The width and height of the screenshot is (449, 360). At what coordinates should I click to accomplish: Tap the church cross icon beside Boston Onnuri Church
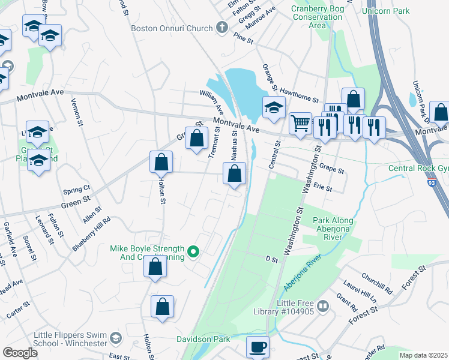pos(221,28)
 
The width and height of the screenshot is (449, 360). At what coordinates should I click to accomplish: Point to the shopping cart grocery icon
pos(300,124)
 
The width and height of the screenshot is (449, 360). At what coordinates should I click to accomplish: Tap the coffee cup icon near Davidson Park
pos(258,347)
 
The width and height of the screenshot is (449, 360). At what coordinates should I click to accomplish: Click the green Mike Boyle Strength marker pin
pos(193,253)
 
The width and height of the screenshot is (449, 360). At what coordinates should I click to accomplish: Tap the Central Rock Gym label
pos(418,168)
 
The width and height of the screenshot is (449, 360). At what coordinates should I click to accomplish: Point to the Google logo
pos(20,352)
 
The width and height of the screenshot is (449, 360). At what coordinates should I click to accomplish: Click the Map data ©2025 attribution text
pos(423,355)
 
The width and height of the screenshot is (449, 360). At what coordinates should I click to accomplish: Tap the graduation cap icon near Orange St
pos(273,108)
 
